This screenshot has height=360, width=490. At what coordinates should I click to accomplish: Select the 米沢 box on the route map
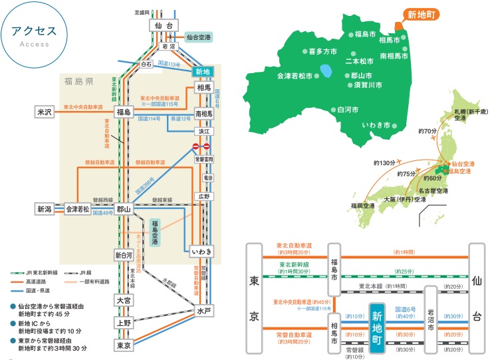tap(44, 112)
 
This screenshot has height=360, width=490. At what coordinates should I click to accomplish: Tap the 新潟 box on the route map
tap(44, 209)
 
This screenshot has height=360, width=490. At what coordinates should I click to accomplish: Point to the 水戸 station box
tap(203, 311)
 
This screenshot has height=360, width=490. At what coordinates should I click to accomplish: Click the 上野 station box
tap(124, 323)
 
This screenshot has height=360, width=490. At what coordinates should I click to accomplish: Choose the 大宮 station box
tap(124, 299)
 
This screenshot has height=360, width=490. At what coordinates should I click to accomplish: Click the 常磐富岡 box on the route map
tap(203, 160)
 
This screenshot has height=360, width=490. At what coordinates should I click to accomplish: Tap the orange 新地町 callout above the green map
tap(422, 14)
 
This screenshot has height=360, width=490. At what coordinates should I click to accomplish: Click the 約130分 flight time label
tap(384, 162)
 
